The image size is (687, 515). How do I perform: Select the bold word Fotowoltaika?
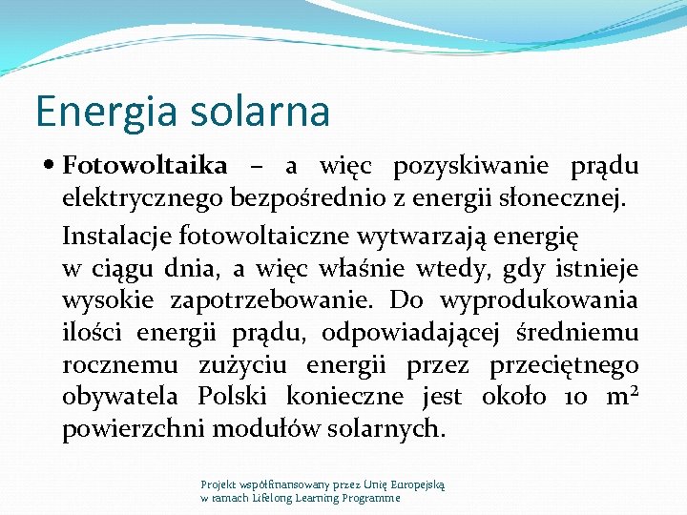click(x=145, y=166)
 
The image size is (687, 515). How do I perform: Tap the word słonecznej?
click(x=567, y=199)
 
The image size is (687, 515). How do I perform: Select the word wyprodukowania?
click(x=539, y=300)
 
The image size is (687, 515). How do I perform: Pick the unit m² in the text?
click(x=620, y=396)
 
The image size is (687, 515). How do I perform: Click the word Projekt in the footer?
click(x=218, y=484)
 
